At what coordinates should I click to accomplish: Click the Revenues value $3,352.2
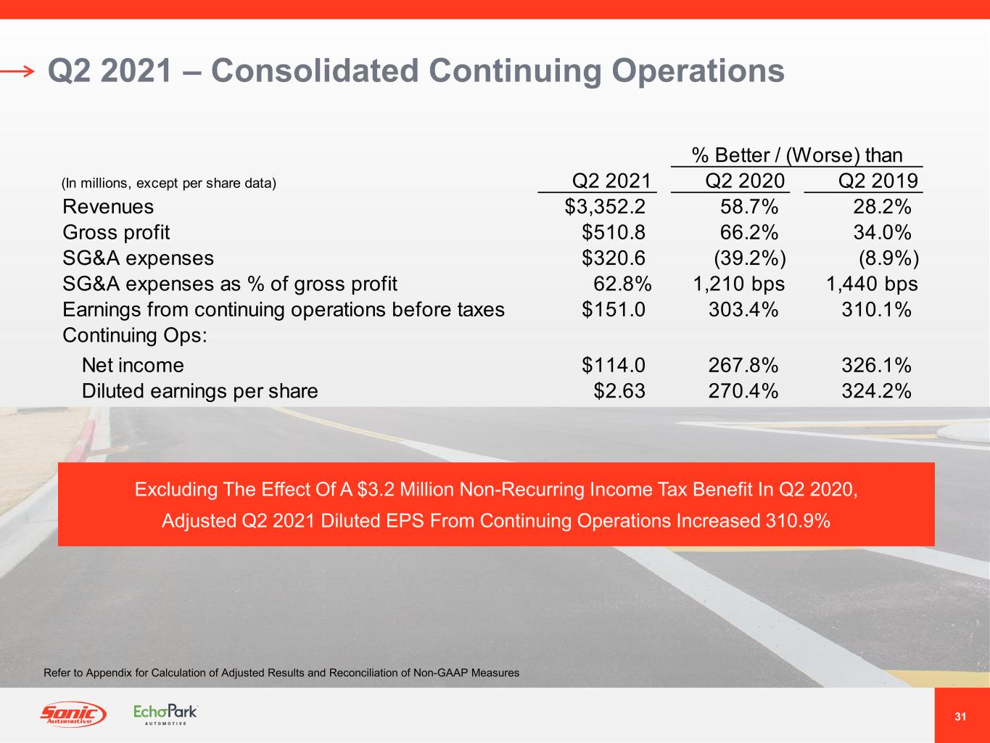pos(605,207)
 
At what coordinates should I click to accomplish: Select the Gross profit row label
pos(116,232)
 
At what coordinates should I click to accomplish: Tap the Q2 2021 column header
pos(611,181)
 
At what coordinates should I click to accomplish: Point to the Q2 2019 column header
pos(878,181)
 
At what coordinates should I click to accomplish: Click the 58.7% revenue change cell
pos(749,207)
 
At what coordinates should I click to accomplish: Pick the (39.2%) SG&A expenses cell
pos(750,258)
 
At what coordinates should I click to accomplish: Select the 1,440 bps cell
pos(872,284)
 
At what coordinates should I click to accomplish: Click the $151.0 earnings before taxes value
pos(614,310)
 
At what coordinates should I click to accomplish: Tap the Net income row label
pos(133,365)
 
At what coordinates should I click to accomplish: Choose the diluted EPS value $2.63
pos(619,390)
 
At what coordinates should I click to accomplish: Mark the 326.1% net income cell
pos(876,365)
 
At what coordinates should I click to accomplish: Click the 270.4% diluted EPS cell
pos(743,390)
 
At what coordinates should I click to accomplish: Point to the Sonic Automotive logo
pos(73,714)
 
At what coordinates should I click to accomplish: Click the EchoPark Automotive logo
pos(165,714)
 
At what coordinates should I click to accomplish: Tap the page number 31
pos(960,717)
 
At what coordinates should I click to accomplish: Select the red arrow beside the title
pos(17,71)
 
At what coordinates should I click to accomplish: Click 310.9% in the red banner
pos(798,520)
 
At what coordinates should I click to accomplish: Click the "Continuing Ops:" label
pos(135,335)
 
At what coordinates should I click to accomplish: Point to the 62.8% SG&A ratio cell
pos(622,284)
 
